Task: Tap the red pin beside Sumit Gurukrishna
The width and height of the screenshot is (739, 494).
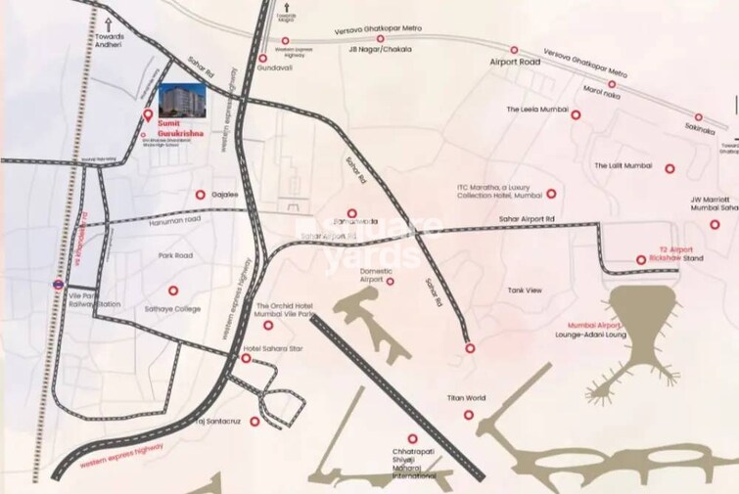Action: [x=149, y=115]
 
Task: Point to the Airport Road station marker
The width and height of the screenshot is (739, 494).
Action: [x=514, y=49]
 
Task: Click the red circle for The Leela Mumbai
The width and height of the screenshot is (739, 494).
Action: [x=576, y=114]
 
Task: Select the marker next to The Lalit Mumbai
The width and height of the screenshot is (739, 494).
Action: [x=671, y=167]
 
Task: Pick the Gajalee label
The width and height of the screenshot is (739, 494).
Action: [x=226, y=195]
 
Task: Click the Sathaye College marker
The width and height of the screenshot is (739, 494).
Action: [x=173, y=291]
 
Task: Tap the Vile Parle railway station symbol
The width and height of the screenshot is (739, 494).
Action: [x=60, y=286]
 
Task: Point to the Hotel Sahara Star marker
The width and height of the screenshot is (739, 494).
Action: [x=247, y=359]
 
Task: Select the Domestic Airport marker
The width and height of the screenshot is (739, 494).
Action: [x=391, y=282]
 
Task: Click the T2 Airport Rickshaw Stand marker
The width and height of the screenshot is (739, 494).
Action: [x=640, y=260]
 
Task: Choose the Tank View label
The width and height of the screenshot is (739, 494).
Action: [x=524, y=291]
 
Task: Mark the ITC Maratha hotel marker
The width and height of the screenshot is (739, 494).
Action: [x=550, y=195]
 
